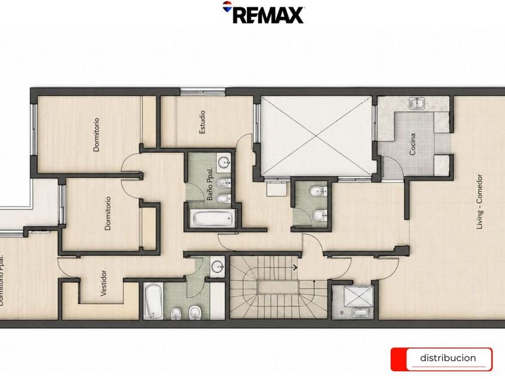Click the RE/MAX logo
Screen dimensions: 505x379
coord(263,13)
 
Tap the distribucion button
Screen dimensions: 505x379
coord(441,359)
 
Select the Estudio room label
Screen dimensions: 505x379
coord(202,122)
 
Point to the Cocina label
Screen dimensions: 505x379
coord(412,144)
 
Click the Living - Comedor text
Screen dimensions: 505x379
coord(480,202)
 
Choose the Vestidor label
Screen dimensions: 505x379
coord(103,283)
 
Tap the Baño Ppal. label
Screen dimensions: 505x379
coord(210,183)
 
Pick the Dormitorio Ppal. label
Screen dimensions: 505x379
coord(2,280)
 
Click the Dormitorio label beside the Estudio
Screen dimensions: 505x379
coord(96,134)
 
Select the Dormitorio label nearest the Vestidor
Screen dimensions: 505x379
coord(108,214)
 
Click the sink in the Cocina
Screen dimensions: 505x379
coord(417,103)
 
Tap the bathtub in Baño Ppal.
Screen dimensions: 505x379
coord(213,218)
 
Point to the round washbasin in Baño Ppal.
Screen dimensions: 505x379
coord(224,163)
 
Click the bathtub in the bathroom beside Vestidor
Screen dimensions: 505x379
coord(152,301)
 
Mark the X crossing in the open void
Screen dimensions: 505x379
coord(317,137)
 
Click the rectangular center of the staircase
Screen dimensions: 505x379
coord(278,287)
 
